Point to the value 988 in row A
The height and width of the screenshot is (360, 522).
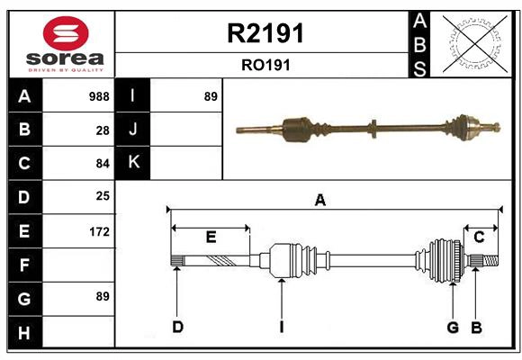98,96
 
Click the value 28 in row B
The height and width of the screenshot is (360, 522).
103,130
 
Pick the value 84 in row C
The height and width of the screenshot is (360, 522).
103,164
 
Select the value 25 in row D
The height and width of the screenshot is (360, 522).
103,197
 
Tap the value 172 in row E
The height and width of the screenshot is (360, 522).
99,231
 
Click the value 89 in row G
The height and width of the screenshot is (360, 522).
103,296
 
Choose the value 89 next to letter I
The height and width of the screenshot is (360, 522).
211,96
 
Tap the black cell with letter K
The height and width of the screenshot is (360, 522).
133,163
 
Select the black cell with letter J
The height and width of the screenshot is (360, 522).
133,130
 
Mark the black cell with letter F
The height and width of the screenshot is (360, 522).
24,265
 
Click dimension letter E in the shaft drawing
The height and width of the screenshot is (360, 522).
211,238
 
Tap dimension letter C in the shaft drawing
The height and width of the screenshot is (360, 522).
479,238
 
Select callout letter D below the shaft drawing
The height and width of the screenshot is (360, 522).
178,327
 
